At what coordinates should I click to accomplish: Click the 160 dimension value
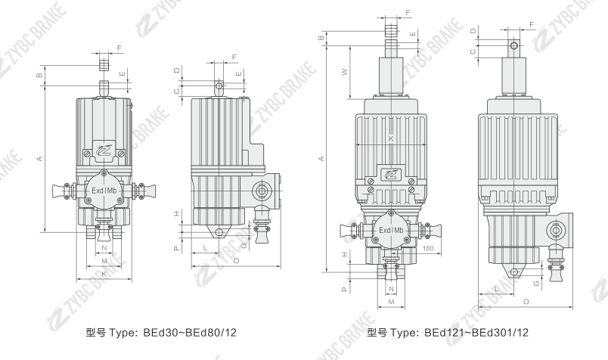[428, 249]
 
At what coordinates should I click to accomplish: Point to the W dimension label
[344, 72]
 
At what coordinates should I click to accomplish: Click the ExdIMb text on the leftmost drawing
[104, 191]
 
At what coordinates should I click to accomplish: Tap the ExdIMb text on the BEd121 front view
[391, 230]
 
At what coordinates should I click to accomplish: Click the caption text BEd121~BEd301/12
[476, 333]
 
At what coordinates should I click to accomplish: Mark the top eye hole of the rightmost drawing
[514, 46]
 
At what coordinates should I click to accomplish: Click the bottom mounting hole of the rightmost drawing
[514, 272]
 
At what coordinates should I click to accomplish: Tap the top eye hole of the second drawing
[219, 85]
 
